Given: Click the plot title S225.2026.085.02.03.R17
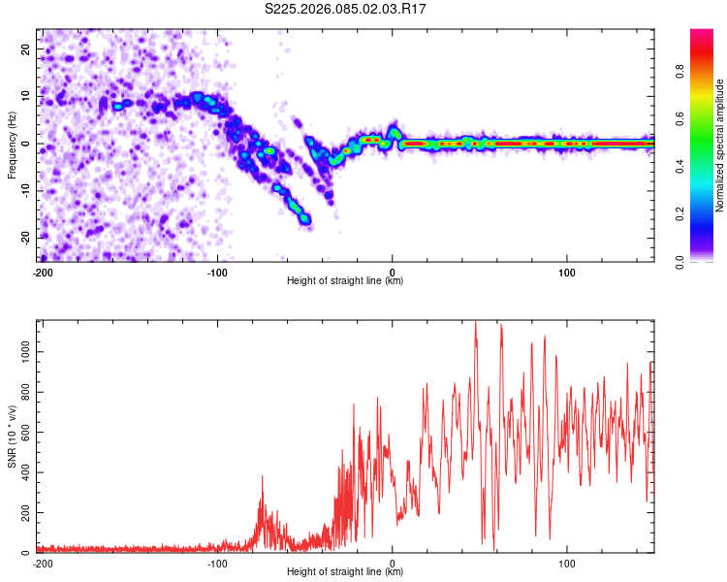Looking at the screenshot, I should (x=346, y=9).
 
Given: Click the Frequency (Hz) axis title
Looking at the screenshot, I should (x=12, y=145).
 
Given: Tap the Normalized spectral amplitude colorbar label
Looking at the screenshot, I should (x=720, y=145).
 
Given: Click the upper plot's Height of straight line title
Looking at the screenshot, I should (x=345, y=280).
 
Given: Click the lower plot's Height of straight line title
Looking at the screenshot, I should (x=345, y=571).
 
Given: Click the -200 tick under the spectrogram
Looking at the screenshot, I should (x=43, y=272).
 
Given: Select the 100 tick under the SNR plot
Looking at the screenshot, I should (x=567, y=563).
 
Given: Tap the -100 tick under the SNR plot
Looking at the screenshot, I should (x=217, y=563).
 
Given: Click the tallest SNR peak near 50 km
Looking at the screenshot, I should (x=475, y=323).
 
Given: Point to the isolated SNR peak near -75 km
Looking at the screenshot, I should (x=262, y=476).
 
